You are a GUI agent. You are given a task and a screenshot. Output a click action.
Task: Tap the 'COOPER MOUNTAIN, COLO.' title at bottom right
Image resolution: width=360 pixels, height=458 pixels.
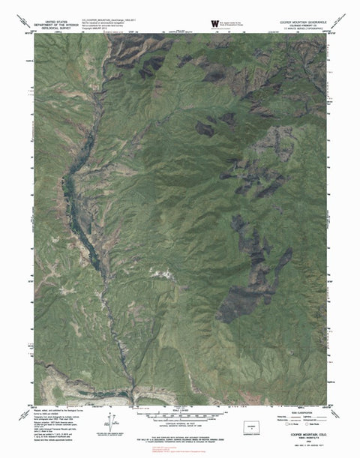[308, 433]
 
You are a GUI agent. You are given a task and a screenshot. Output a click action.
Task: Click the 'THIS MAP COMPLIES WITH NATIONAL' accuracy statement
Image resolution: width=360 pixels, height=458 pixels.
[180, 433]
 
